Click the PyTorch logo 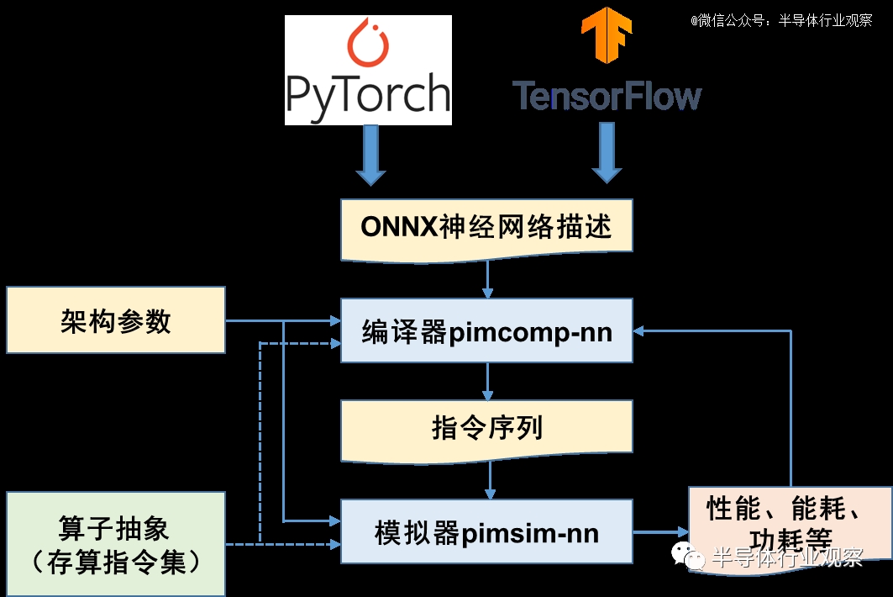pos(368,71)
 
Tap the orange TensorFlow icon pos(607,34)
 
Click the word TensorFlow pos(607,96)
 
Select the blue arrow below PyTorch pos(370,155)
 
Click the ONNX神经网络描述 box pos(486,227)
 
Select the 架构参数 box pos(116,320)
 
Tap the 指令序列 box pos(486,429)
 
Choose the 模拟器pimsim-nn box pos(486,532)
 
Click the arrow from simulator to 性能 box pos(660,532)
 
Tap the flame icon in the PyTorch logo pos(368,45)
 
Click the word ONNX pos(393,227)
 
